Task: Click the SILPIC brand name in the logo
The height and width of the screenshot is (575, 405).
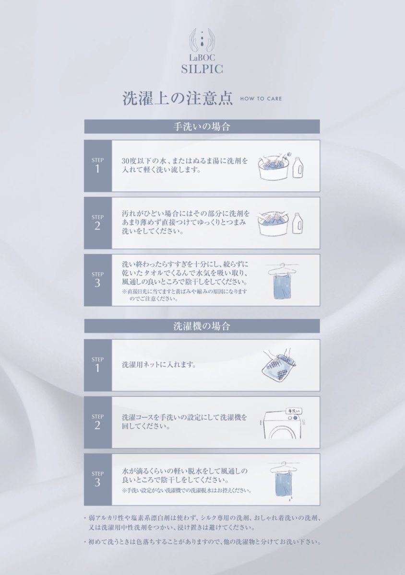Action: [202, 69]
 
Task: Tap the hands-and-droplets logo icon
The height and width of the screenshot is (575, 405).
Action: [202, 41]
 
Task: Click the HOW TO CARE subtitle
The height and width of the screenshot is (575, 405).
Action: [261, 99]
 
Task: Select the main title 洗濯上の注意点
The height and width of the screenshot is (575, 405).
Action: [178, 98]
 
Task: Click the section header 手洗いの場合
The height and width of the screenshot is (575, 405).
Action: [202, 126]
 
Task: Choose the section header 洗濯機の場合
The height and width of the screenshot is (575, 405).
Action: [202, 326]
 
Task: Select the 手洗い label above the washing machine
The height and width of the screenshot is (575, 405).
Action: [294, 411]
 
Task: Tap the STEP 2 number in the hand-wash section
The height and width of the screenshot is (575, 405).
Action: [97, 226]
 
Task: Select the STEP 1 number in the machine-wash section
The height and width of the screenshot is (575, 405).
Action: [97, 368]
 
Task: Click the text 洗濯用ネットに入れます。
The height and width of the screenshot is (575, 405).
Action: [159, 365]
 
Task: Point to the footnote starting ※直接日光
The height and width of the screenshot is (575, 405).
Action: [184, 295]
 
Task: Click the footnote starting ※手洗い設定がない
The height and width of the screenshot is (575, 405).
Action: [187, 490]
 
